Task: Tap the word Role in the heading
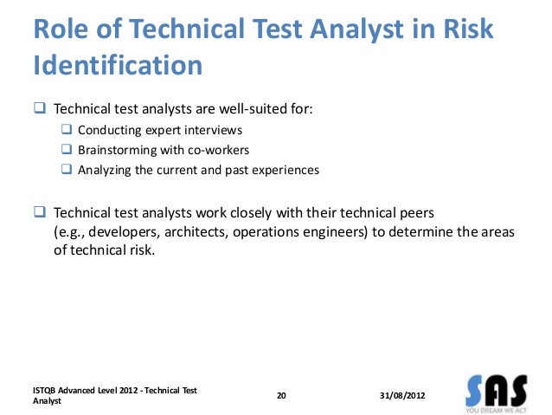63,29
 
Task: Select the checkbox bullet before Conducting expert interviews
67,130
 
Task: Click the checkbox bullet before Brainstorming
67,150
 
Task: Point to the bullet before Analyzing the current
67,170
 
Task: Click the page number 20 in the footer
280,395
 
